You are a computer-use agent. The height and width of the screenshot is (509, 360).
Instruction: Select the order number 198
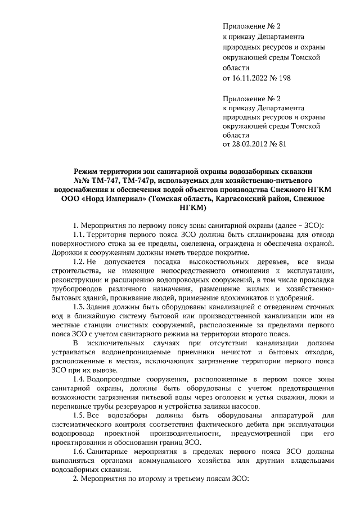pos(284,77)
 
